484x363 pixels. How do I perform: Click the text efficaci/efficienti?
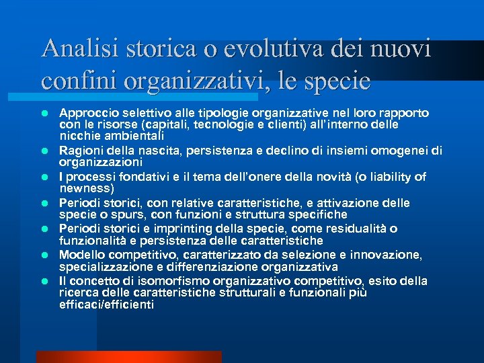(x=106, y=305)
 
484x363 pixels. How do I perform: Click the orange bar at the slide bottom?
(x=128, y=357)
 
